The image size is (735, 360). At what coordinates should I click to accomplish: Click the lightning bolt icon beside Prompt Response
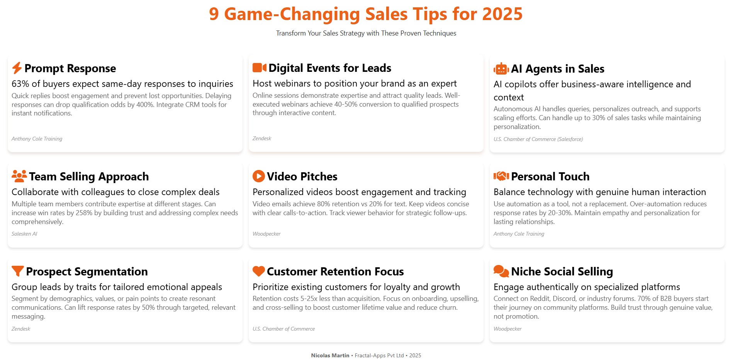pyautogui.click(x=17, y=68)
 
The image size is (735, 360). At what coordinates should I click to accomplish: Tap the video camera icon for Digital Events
pyautogui.click(x=260, y=68)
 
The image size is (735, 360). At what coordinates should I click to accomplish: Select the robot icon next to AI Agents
pyautogui.click(x=501, y=69)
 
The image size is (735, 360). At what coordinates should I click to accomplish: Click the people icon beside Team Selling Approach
pyautogui.click(x=19, y=176)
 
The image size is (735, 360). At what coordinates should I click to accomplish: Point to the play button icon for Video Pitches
pyautogui.click(x=259, y=176)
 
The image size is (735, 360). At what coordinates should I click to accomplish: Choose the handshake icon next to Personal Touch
pyautogui.click(x=501, y=176)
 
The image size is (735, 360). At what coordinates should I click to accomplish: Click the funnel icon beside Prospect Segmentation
pyautogui.click(x=18, y=271)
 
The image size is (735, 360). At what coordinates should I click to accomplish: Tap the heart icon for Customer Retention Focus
pyautogui.click(x=259, y=271)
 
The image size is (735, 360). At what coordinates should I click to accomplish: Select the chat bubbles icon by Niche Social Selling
pyautogui.click(x=501, y=271)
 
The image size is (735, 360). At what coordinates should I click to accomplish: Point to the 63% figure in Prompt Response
pyautogui.click(x=20, y=84)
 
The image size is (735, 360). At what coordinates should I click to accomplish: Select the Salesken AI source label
pyautogui.click(x=24, y=234)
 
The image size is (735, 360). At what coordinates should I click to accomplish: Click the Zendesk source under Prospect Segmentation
pyautogui.click(x=21, y=329)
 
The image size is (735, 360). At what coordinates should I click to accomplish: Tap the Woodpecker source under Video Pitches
pyautogui.click(x=267, y=234)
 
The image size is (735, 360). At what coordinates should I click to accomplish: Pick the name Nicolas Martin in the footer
pyautogui.click(x=330, y=355)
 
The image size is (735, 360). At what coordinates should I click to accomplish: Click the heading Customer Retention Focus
pyautogui.click(x=335, y=272)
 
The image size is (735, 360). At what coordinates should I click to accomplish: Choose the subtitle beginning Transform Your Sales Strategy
pyautogui.click(x=366, y=33)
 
